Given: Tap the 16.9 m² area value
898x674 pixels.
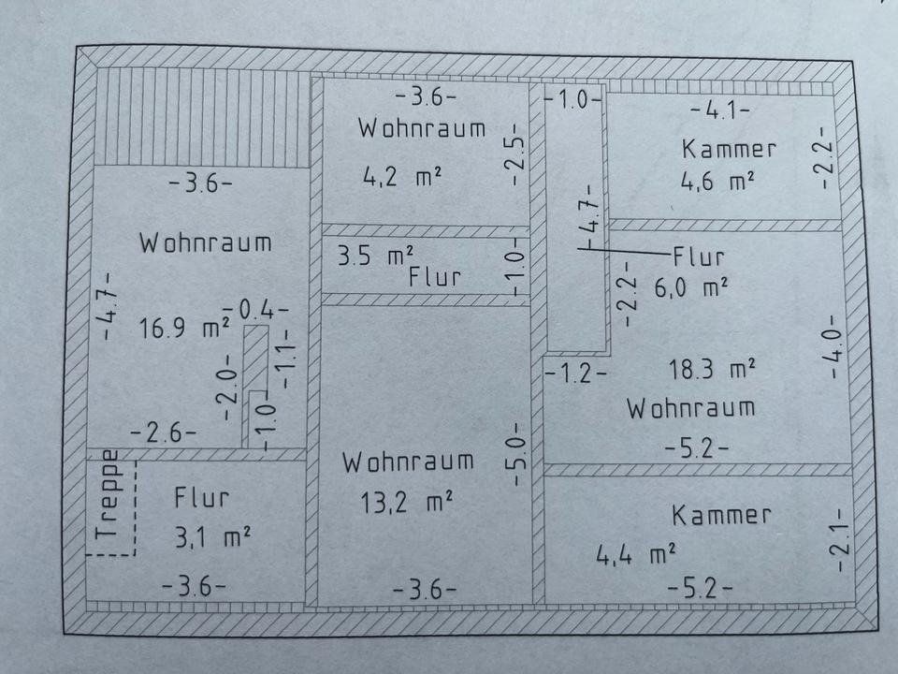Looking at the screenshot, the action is (x=185, y=329).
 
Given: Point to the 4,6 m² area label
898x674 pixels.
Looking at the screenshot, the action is (x=717, y=181).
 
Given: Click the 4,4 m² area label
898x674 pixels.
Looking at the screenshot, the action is (x=636, y=556).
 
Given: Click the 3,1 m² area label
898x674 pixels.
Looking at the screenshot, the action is (x=211, y=536).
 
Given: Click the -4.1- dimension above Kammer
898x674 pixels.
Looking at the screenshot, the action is (x=719, y=110).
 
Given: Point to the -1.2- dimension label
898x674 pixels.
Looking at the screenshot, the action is (x=575, y=374).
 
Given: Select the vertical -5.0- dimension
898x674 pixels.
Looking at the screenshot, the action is (x=521, y=455).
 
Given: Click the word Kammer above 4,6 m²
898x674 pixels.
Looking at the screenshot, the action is (x=729, y=149).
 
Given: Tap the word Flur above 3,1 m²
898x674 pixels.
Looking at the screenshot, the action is (x=201, y=498).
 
